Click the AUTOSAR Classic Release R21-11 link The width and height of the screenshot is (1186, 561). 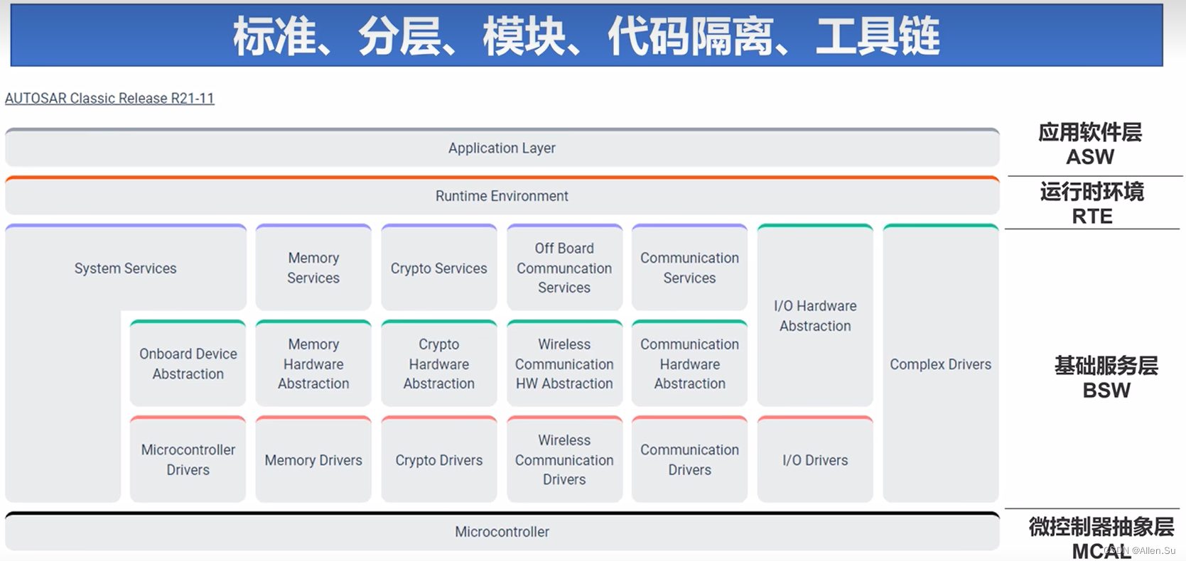(x=109, y=98)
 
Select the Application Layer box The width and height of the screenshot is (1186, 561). (x=502, y=148)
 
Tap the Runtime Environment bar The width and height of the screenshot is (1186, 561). (x=502, y=196)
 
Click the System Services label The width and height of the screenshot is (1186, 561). (x=125, y=268)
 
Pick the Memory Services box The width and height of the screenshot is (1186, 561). (x=313, y=268)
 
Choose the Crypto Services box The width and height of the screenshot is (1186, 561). (x=438, y=268)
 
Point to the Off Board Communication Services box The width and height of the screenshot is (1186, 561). (x=564, y=268)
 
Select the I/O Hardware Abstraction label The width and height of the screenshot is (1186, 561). (x=815, y=316)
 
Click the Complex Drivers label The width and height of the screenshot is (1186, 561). (x=940, y=364)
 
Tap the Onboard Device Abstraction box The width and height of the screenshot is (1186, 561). (x=188, y=364)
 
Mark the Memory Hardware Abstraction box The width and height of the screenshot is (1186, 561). (x=313, y=364)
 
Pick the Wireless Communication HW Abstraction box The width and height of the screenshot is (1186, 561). (x=564, y=364)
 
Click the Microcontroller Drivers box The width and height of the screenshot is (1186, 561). (x=188, y=459)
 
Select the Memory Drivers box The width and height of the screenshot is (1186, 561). (x=313, y=460)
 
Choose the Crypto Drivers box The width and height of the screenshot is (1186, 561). (x=438, y=460)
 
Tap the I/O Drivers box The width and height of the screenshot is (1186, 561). (x=815, y=460)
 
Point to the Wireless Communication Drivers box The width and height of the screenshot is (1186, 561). (x=564, y=459)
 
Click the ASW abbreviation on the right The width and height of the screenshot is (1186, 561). (x=1090, y=157)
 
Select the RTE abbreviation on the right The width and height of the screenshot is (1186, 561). (x=1092, y=217)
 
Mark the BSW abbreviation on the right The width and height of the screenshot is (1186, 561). (x=1106, y=391)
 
